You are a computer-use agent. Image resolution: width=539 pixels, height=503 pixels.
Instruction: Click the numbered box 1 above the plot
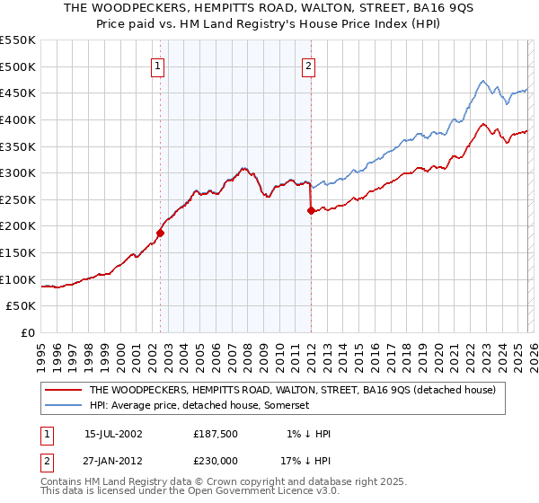158,65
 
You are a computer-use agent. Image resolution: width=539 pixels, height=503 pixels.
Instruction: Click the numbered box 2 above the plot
308,65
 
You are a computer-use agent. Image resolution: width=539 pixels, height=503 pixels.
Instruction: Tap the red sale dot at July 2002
161,233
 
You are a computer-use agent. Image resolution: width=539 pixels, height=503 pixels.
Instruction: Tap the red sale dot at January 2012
311,211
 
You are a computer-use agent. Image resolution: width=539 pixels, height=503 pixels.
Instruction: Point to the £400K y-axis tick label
19,119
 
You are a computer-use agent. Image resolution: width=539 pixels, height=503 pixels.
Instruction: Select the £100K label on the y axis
19,279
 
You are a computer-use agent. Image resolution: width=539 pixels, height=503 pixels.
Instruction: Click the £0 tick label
29,333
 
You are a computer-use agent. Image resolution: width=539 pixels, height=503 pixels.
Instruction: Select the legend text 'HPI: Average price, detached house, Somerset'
199,406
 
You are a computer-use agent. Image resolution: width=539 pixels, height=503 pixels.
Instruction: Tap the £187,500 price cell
220,434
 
